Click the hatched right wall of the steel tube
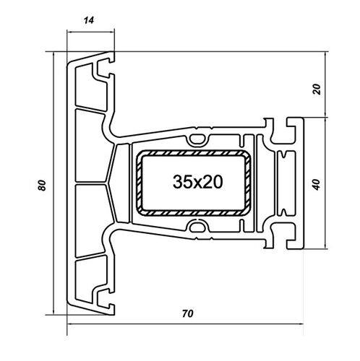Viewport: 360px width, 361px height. click(x=249, y=183)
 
